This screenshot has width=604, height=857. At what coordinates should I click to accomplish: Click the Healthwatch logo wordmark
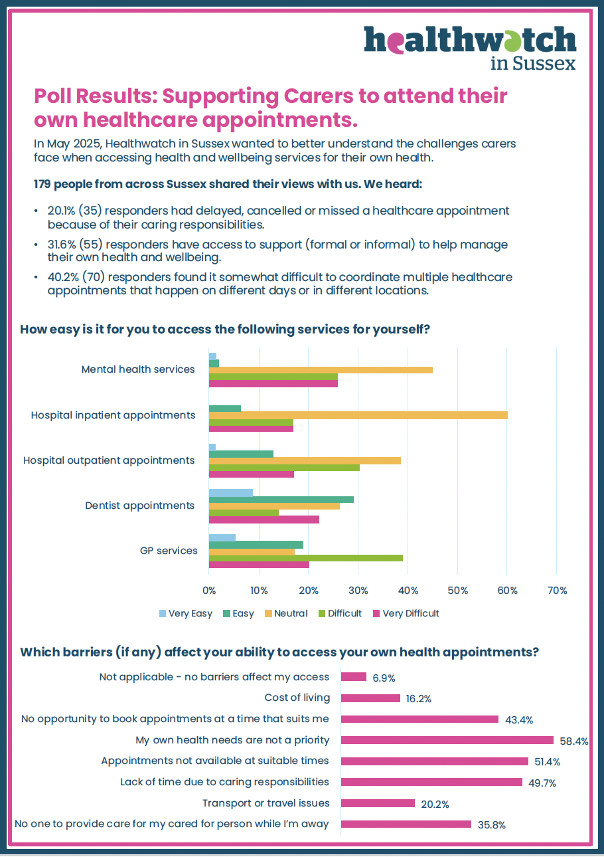(x=469, y=42)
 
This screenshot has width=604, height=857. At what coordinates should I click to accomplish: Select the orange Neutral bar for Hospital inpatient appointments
(x=358, y=415)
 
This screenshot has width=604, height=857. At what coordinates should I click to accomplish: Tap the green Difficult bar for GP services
(x=305, y=557)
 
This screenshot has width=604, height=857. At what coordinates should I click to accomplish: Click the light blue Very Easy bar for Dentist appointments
(x=230, y=493)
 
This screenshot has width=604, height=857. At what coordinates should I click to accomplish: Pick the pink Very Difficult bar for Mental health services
(x=273, y=384)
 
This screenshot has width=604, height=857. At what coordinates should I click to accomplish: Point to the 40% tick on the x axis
(x=408, y=591)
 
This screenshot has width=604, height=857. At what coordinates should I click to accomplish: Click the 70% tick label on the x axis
(x=556, y=591)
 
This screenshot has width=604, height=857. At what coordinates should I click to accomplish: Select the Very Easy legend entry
(x=185, y=613)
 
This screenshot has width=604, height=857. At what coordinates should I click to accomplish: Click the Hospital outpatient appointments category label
(x=109, y=460)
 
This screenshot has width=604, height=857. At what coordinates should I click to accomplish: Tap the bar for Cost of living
(x=370, y=698)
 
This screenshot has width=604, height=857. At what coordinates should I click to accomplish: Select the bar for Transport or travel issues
(x=378, y=803)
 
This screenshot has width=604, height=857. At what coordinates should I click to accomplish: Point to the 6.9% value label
(x=384, y=678)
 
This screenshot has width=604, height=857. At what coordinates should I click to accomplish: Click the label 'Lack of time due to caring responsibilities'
(x=224, y=782)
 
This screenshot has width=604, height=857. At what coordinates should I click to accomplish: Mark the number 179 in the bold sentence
(x=44, y=183)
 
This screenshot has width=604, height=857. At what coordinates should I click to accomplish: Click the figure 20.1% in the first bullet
(x=62, y=211)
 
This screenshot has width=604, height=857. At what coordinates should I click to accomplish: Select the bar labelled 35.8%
(x=406, y=824)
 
